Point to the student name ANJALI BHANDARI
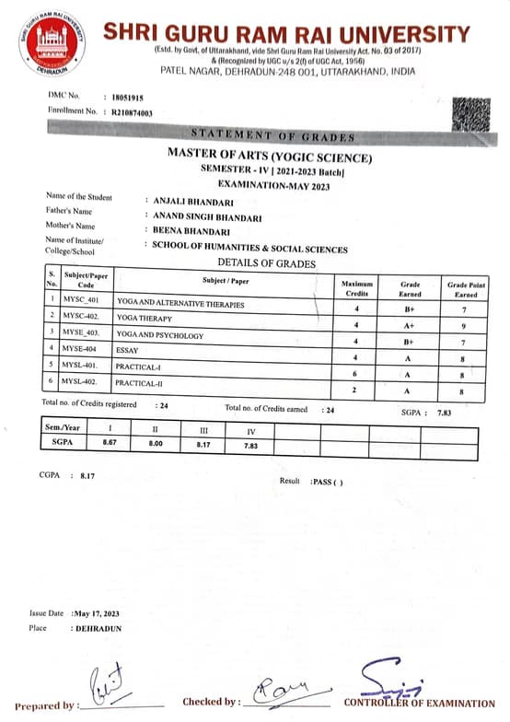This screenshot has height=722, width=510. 191,199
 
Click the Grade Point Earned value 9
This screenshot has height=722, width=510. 466,324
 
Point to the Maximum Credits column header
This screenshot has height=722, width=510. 355,287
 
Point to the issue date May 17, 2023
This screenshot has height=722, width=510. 97,613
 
